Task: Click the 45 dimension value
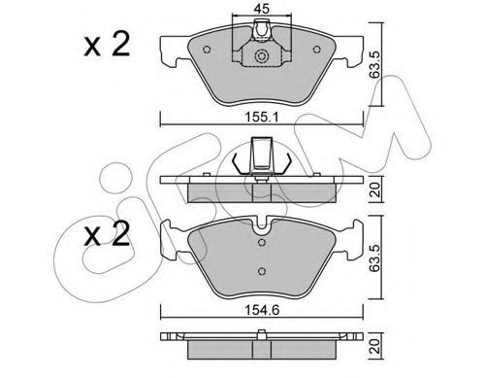(x=261, y=9)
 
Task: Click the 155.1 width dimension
(x=262, y=117)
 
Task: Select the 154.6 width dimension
(x=262, y=310)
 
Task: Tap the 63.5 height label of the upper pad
(x=376, y=64)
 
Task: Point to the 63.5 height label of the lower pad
(x=376, y=258)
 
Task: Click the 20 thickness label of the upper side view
(x=376, y=189)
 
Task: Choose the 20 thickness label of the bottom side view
(x=376, y=346)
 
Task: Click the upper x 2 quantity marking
(x=107, y=44)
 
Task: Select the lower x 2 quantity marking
(x=107, y=234)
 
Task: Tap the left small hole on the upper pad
(x=207, y=50)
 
